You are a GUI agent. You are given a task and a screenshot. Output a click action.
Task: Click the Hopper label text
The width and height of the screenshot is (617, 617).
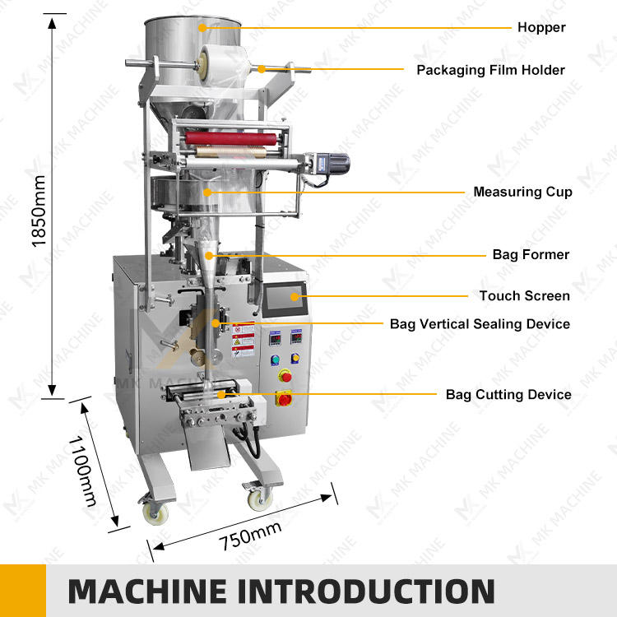pos(541,27)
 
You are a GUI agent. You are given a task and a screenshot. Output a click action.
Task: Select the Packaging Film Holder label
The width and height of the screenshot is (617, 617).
pos(490,70)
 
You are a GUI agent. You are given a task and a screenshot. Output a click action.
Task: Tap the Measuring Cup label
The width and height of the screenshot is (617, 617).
pos(522,192)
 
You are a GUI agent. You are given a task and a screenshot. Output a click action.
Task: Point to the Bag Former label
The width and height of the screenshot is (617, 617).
pos(531,254)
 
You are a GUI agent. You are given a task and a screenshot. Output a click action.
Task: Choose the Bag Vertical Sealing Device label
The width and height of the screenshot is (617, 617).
pos(480,324)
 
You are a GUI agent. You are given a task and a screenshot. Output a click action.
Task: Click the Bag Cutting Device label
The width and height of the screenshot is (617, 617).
pos(508,394)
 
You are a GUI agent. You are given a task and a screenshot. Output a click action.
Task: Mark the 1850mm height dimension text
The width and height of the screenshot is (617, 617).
pos(39,211)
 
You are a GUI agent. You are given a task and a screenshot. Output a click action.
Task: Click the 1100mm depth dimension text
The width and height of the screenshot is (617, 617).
pos(82,471)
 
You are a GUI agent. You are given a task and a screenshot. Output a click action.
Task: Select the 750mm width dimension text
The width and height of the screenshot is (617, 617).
pos(250,536)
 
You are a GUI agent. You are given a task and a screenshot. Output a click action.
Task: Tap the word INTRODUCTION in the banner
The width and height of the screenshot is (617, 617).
pos(366,591)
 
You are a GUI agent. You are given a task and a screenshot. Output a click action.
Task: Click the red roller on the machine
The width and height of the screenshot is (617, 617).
pos(230,139)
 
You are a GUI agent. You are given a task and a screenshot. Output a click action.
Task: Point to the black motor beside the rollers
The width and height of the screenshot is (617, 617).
pos(333,164)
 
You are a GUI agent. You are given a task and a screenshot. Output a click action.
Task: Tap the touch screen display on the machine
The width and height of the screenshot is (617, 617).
pos(285,299)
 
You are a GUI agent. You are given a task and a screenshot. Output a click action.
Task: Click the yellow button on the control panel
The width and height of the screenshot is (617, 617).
pos(295,358)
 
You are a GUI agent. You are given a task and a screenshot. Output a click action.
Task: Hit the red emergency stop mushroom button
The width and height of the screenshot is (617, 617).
pos(285,376)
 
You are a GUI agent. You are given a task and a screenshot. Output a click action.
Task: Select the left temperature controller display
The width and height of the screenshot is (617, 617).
pos(275,338)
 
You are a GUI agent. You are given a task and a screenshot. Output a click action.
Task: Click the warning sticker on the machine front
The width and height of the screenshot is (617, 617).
pos(243,340)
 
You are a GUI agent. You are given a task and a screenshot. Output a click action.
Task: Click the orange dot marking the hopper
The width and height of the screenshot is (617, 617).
pos(202,28)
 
